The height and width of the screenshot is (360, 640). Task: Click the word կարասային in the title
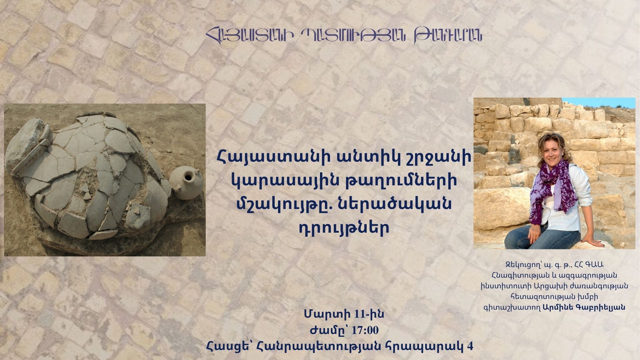(272, 181)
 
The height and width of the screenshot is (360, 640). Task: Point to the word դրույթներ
(343, 227)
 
